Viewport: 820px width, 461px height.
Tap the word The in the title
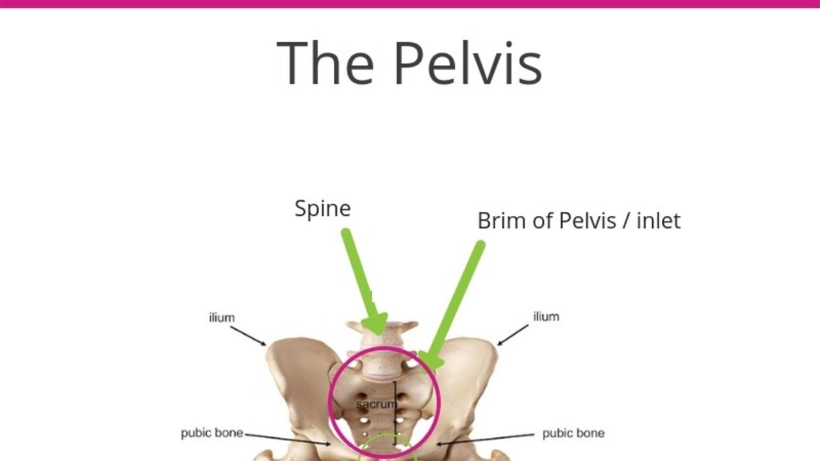pos(325,62)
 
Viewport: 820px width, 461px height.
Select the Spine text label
pos(322,209)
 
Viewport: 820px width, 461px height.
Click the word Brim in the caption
pos(500,220)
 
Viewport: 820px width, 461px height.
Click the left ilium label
pos(222,318)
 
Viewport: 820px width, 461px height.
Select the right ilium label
pos(546,316)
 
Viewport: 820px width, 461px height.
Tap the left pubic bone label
pos(212,433)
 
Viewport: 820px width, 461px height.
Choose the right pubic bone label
pos(573,433)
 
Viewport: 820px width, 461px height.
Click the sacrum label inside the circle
pos(375,405)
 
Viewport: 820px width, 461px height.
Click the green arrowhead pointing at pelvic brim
pos(431,360)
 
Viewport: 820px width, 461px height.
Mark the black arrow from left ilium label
pos(248,336)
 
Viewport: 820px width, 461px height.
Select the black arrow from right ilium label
pos(512,335)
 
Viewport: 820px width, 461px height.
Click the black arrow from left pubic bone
pos(288,439)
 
